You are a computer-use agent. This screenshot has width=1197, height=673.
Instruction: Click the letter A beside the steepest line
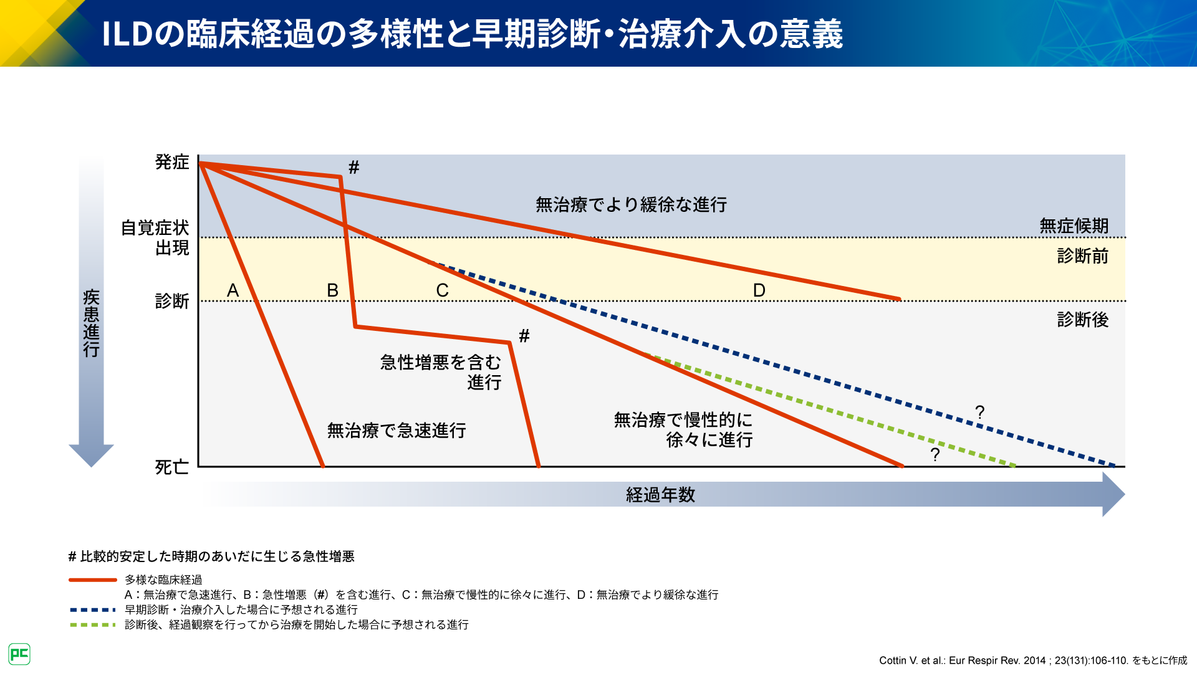pos(233,290)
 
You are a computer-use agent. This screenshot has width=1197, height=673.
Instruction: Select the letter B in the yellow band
pos(333,290)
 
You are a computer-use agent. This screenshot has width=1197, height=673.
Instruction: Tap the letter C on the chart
pos(443,290)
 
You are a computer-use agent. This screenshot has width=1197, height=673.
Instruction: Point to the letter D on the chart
pos(759,290)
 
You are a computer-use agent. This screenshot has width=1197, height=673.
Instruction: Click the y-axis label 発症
pos(172,162)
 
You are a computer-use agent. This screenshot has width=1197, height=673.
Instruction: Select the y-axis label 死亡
pos(172,467)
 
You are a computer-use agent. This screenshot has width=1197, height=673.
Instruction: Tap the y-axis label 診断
pos(172,302)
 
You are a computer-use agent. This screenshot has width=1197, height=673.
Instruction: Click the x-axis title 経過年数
pos(661,495)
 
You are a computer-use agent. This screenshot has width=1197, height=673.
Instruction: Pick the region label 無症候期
pos(1074,226)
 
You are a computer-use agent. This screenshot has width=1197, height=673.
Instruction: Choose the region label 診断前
pos(1083,256)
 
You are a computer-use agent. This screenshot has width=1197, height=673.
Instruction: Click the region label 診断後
pos(1083,320)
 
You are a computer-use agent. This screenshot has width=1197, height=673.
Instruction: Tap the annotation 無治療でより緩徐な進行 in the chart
pos(632,204)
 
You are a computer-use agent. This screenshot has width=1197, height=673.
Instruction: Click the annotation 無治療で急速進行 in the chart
pos(397,431)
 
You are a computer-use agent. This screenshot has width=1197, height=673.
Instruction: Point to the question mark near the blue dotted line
pos(980,413)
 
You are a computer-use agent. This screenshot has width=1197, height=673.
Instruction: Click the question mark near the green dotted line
pos(935,455)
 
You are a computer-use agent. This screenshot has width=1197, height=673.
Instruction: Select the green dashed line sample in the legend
pos(92,625)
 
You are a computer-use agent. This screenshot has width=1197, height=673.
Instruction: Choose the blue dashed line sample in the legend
pos(92,610)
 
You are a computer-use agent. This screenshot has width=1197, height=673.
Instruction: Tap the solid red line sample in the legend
pos(92,580)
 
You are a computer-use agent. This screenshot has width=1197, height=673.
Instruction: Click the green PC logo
pos(19,654)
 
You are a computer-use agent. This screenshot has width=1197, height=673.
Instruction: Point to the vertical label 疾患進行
pos(92,323)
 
